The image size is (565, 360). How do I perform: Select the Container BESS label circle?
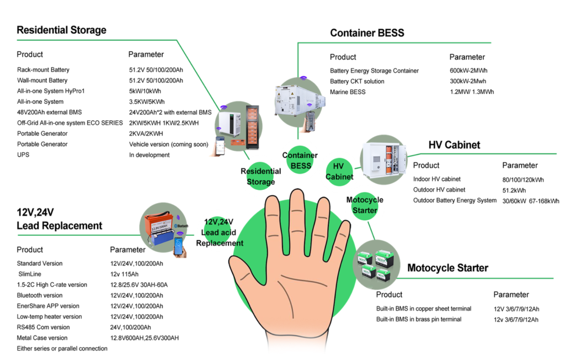point(300,161)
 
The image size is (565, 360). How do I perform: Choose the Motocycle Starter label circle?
point(365,205)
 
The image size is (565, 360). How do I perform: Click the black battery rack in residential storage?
point(253,126)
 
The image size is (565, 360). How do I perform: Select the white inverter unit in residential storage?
point(231,125)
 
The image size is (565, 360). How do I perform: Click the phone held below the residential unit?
point(220,147)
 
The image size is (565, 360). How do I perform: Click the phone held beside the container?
point(312,121)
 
